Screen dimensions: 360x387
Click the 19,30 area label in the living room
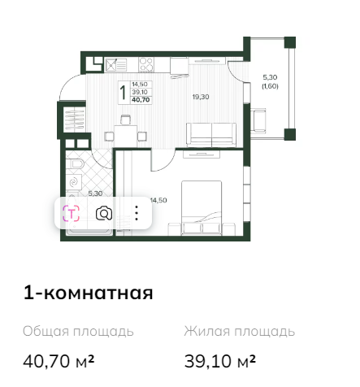(x=201, y=97)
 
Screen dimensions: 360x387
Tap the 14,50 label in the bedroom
(x=158, y=200)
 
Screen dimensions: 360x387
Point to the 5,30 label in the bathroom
(x=95, y=193)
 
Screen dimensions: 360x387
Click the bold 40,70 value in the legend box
(x=141, y=100)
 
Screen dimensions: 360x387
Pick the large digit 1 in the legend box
(x=124, y=93)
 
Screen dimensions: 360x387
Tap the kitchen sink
(x=116, y=65)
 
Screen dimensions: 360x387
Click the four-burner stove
(x=146, y=65)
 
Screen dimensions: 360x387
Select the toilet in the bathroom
(x=76, y=164)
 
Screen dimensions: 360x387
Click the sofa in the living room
(x=211, y=135)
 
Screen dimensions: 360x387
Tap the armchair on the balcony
(x=258, y=120)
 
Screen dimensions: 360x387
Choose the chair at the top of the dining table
(x=126, y=120)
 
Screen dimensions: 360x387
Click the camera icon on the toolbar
(x=104, y=213)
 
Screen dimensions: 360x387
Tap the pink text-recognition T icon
(x=71, y=213)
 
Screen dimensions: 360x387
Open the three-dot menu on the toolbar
(x=137, y=213)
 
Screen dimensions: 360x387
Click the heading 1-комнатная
(x=89, y=293)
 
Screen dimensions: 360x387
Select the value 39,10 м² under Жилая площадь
(x=220, y=361)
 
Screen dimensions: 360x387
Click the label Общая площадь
(x=78, y=332)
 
